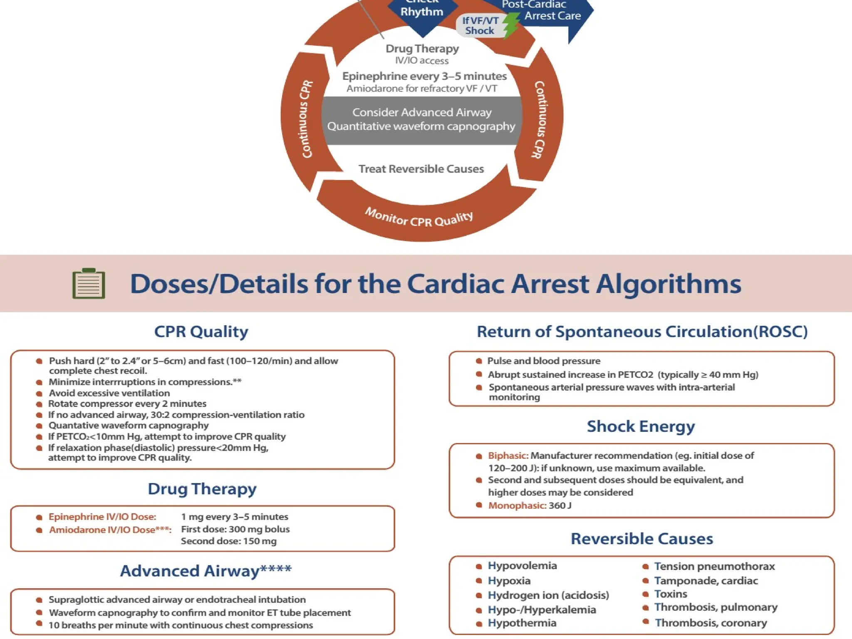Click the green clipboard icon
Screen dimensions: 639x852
coord(89,284)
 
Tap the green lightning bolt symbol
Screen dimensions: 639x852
coord(511,25)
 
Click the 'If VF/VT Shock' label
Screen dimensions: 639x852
coord(480,25)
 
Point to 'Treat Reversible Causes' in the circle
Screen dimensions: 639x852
coord(421,169)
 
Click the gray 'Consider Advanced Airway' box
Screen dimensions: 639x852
coord(421,120)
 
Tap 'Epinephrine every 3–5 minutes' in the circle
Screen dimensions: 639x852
coord(424,76)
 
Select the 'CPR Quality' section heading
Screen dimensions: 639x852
coord(201,332)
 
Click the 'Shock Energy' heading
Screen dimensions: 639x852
coord(641,426)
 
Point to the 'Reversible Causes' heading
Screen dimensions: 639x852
coord(641,539)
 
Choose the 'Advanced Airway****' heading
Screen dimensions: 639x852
coord(206,571)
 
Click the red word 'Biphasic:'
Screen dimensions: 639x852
coord(508,456)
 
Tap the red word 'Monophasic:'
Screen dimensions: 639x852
coord(517,505)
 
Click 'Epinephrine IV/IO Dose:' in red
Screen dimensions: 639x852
coord(102,517)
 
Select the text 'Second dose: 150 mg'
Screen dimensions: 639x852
coord(228,541)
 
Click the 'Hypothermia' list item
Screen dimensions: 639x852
coord(522,623)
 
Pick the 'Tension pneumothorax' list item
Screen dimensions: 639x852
coord(714,566)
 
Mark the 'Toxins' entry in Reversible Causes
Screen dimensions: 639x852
coord(671,594)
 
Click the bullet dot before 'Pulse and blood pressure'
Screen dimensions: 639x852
coord(479,361)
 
